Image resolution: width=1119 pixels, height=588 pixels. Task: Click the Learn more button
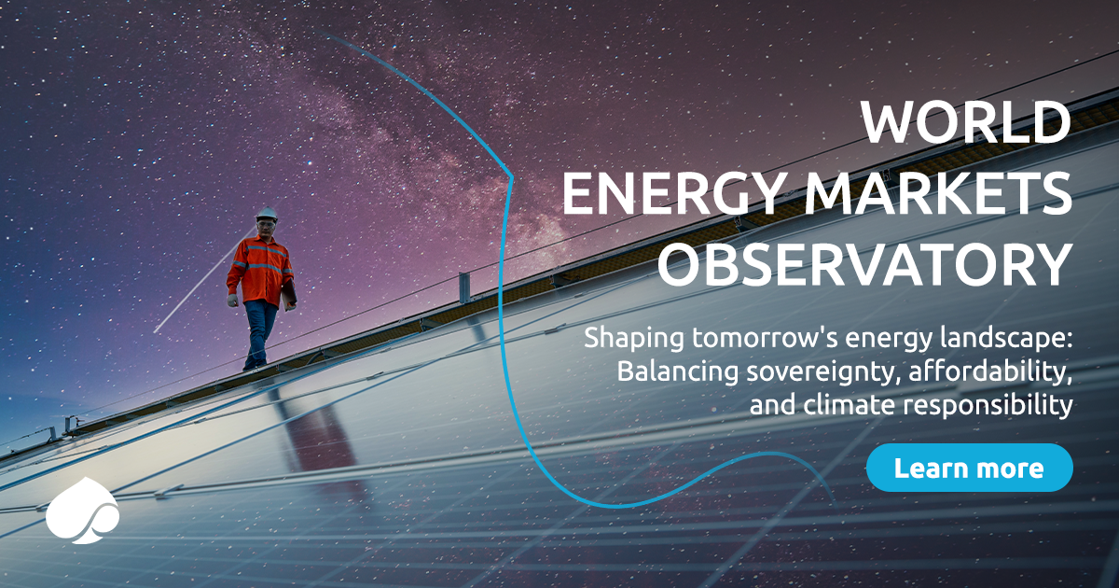(x=969, y=468)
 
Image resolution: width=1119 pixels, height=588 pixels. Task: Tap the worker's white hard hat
(x=267, y=214)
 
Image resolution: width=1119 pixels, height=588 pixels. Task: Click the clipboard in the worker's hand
(x=289, y=294)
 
